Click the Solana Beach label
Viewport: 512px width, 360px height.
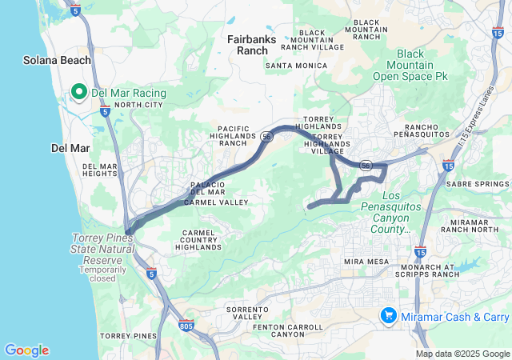[x=57, y=60]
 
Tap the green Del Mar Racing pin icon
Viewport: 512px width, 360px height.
[x=80, y=93]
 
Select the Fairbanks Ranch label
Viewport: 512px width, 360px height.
[x=247, y=44]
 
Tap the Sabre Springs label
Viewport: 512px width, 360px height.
[x=477, y=184]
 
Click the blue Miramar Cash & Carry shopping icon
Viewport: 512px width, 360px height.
[x=388, y=315]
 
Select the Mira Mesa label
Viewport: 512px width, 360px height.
[x=366, y=262]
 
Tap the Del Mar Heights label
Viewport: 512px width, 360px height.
[x=100, y=170]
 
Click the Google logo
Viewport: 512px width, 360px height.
[x=26, y=350]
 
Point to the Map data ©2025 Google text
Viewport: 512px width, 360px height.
[x=462, y=354]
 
